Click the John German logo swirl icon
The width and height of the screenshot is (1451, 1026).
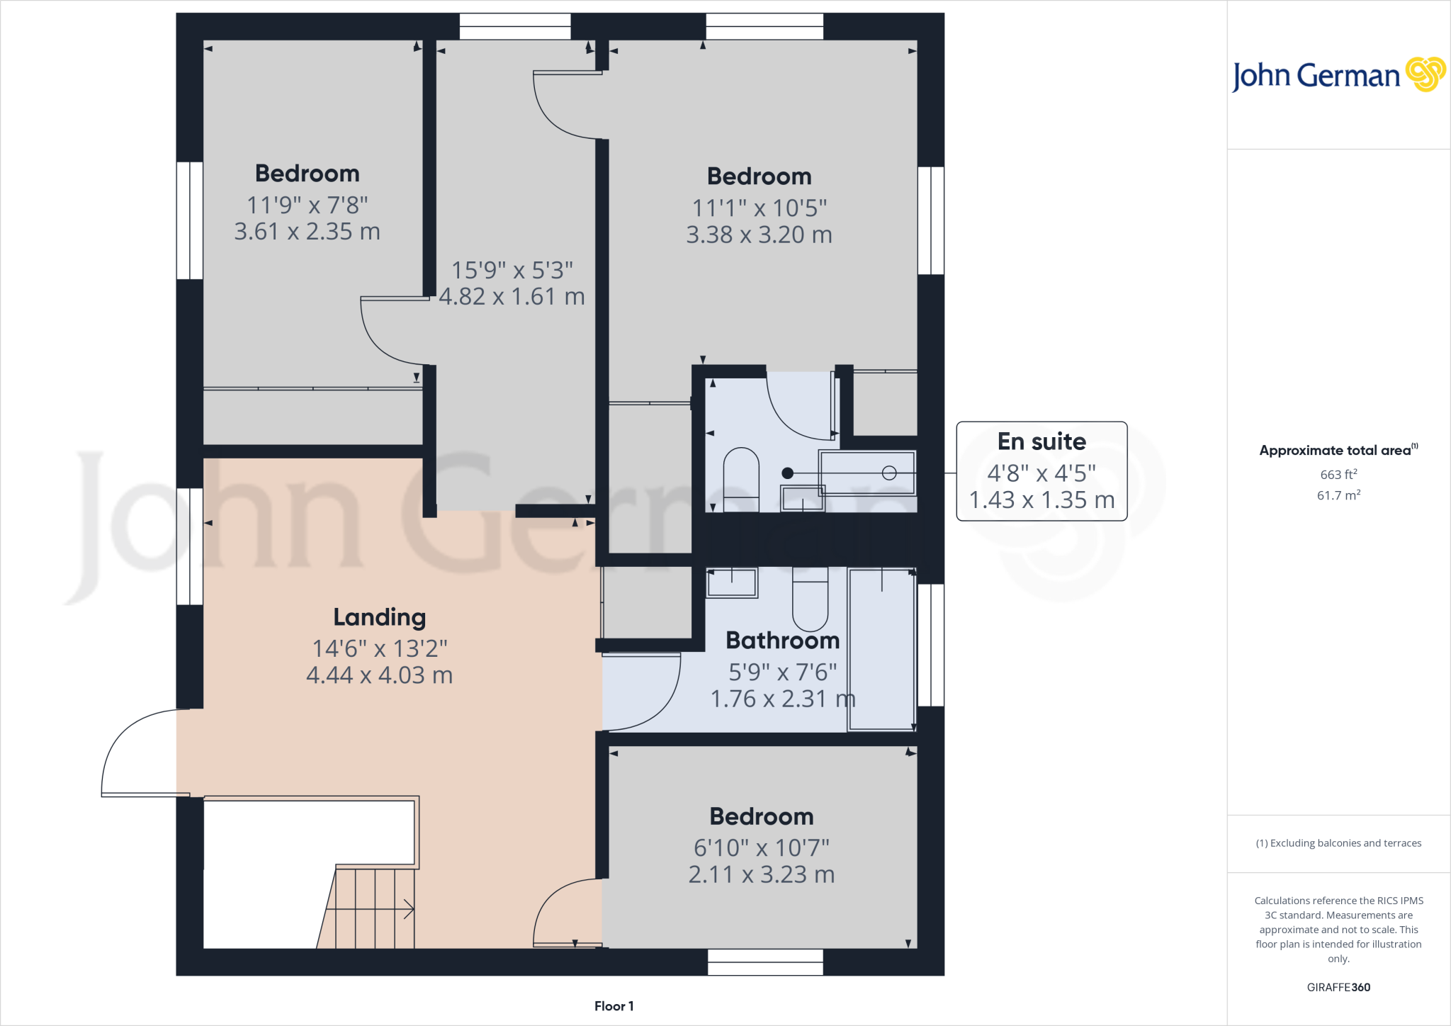point(1425,74)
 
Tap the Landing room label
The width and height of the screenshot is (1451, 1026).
point(380,617)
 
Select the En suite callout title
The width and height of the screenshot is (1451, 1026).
point(1041,441)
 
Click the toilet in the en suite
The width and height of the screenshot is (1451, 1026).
point(741,479)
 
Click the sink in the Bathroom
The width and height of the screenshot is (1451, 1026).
point(732,582)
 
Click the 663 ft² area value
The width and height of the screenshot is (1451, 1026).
point(1338,475)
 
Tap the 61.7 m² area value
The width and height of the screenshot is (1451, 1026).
point(1338,495)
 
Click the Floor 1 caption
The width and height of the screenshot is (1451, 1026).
point(614,1006)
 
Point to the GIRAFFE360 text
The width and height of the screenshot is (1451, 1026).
point(1338,987)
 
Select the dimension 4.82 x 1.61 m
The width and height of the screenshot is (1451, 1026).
point(512,296)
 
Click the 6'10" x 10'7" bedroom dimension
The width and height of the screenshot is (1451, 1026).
point(762,847)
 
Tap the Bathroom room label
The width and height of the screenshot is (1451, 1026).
point(782,641)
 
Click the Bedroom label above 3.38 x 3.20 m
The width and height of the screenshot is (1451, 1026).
point(759,176)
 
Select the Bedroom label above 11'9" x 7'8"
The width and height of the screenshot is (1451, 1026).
point(307,174)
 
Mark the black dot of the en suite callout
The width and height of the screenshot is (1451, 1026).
point(787,473)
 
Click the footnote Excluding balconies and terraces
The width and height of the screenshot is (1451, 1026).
point(1338,843)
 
